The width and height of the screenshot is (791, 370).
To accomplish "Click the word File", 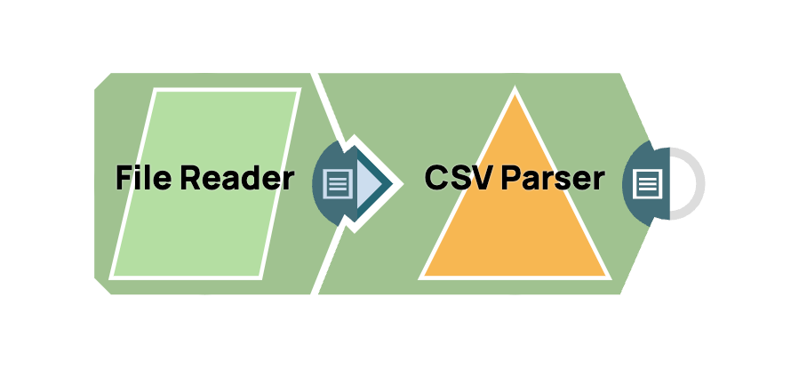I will (143, 180).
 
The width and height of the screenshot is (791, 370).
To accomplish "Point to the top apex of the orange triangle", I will (514, 92).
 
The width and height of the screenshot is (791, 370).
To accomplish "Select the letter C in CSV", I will (436, 180).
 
